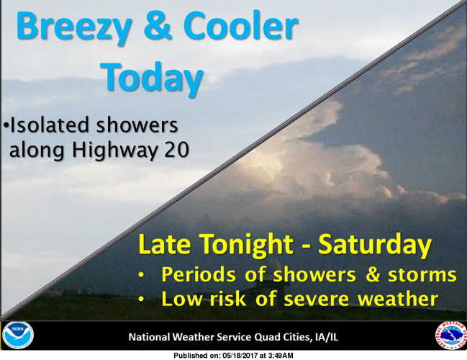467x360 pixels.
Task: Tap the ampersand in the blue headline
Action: tap(163, 27)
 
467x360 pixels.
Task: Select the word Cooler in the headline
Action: tap(240, 27)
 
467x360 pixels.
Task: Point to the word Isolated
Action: tap(50, 125)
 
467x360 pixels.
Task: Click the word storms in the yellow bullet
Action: tap(425, 275)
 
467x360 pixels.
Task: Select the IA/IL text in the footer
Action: tap(326, 337)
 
